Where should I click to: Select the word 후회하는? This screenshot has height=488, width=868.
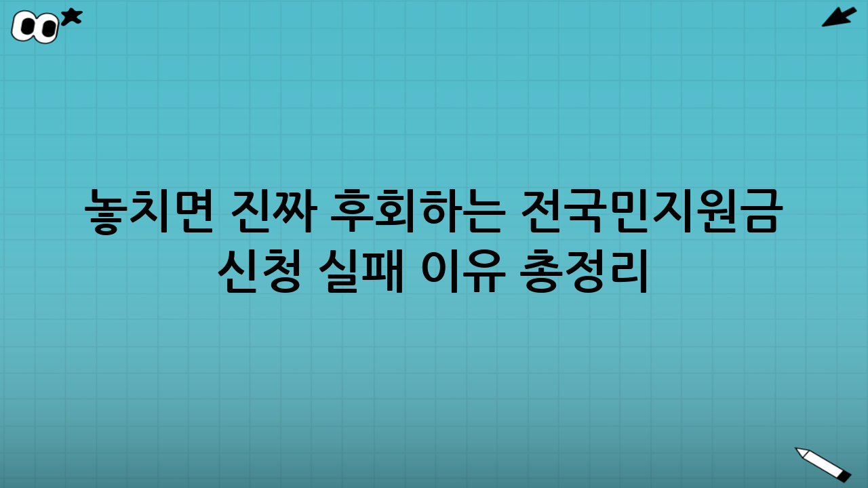(417, 211)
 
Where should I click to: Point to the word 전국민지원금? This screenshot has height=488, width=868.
(652, 211)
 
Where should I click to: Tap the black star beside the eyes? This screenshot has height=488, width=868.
(71, 17)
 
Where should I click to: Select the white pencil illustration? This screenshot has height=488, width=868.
(823, 464)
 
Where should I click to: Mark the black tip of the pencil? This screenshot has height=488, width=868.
(844, 476)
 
